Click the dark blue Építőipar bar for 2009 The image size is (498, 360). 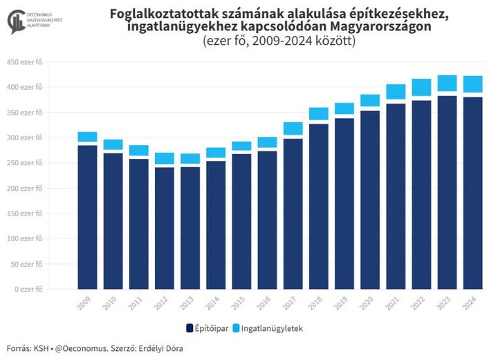coord(87,217)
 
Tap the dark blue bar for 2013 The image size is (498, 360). coord(190,228)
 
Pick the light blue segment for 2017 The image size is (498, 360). coord(293,128)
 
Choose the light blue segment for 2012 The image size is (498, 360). coord(164,158)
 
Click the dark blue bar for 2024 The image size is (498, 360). coord(472,193)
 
